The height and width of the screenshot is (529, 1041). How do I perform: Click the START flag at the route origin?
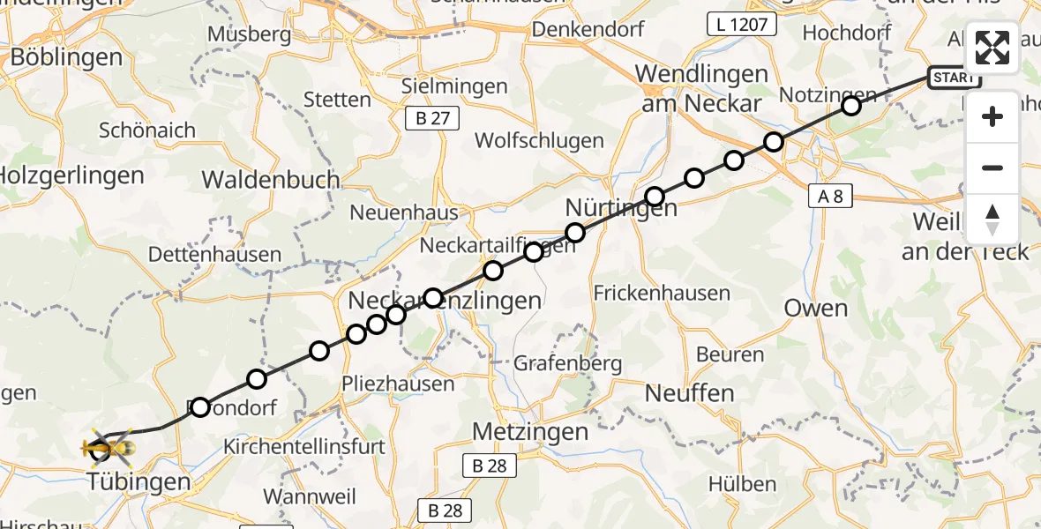(954, 78)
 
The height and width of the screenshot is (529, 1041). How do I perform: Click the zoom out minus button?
(992, 168)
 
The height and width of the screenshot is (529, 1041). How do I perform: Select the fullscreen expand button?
(992, 48)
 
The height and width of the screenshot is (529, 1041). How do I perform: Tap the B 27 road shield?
(432, 117)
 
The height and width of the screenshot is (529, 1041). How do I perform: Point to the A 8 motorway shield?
(830, 197)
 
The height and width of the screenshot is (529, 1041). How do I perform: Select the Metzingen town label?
(530, 432)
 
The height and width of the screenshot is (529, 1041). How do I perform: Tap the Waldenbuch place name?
(271, 180)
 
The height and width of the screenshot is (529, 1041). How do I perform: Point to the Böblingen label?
(66, 58)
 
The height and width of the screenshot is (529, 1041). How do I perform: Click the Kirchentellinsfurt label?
(305, 446)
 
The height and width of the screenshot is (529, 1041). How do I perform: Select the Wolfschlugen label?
(539, 140)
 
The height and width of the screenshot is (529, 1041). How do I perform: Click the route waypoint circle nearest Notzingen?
(850, 107)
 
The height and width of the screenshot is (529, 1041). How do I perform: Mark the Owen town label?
(816, 309)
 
